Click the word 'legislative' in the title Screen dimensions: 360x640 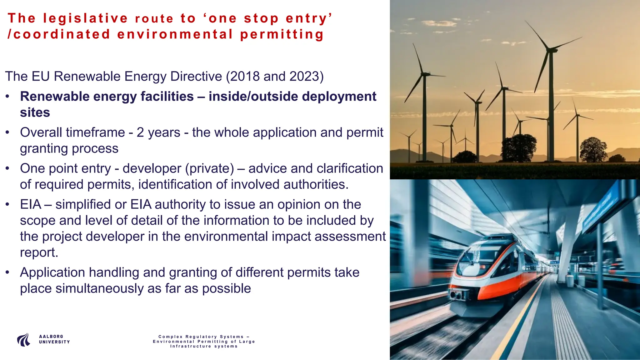[85, 18]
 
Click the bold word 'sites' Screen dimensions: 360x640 [35, 112]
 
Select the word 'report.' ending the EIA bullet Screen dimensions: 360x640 [39, 252]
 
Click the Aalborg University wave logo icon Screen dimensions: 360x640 [24, 340]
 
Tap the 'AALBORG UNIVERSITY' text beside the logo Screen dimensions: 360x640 [54, 339]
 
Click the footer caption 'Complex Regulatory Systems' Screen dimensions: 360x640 [204, 337]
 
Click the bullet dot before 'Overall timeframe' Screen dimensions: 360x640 [7, 133]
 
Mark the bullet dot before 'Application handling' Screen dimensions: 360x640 [7, 273]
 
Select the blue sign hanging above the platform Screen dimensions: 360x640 [602, 206]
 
